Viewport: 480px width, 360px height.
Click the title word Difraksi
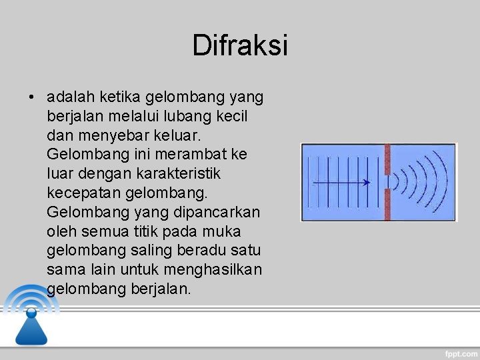(x=240, y=46)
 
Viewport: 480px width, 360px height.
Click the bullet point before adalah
(x=31, y=98)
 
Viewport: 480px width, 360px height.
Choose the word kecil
(x=231, y=117)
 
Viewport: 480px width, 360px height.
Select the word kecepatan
(x=81, y=193)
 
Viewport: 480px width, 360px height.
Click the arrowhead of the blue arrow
(x=367, y=182)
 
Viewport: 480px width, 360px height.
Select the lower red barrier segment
(x=387, y=206)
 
